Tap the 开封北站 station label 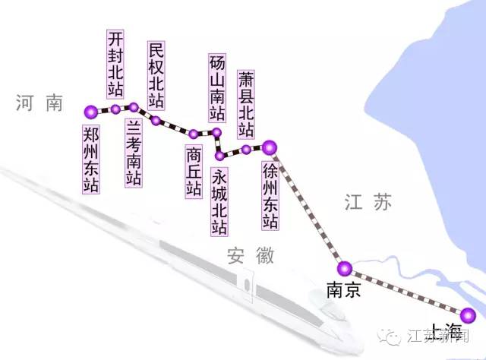tap(115, 65)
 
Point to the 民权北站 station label tap(156, 75)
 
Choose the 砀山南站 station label tap(217, 88)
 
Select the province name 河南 tap(39, 104)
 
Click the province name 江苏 tap(370, 202)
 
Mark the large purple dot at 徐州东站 tap(270, 147)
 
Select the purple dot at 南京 tap(345, 267)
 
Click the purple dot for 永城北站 tap(220, 156)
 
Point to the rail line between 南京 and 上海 tap(406, 292)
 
